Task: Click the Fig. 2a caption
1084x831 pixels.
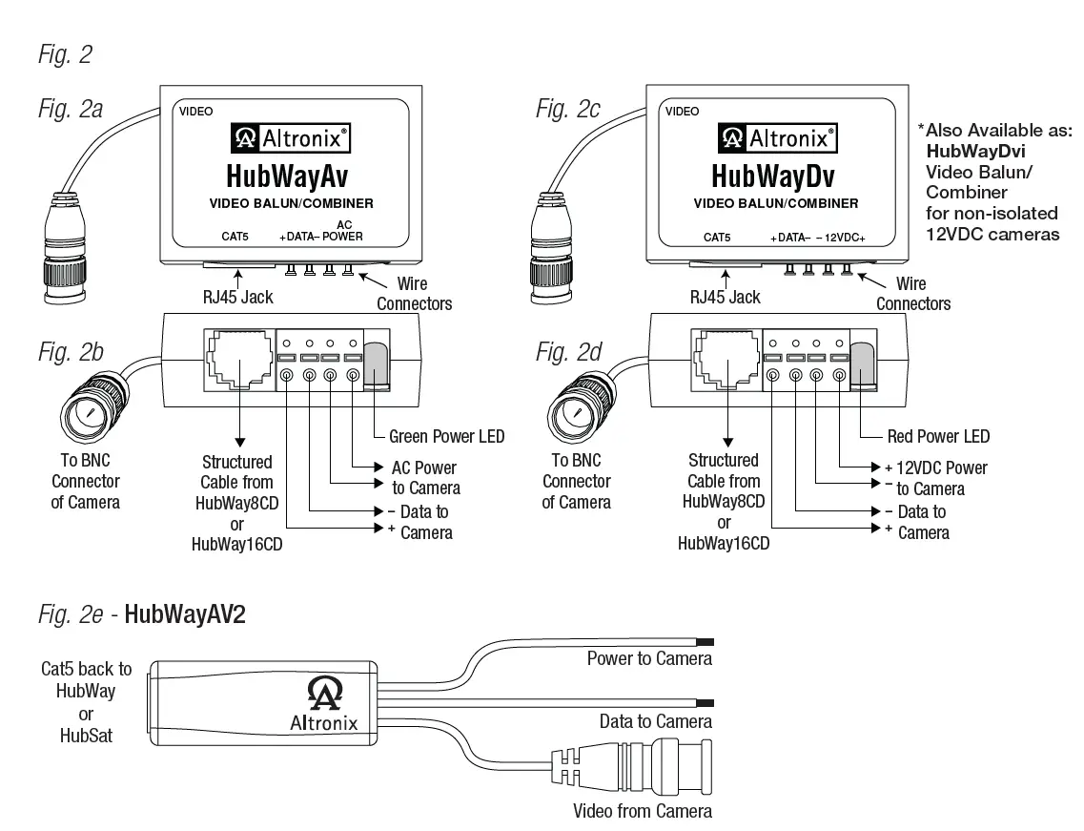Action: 71,110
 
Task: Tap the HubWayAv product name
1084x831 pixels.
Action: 287,176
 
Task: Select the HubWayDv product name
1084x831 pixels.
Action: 773,176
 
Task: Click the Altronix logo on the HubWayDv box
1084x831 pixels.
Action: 777,138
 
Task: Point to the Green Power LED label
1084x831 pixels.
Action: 446,437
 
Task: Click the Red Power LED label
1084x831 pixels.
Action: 938,437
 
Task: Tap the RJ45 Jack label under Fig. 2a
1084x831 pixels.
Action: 237,298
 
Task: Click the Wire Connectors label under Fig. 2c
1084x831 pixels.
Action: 913,293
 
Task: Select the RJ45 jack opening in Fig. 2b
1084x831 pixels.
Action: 240,359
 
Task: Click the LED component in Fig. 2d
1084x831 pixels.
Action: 864,366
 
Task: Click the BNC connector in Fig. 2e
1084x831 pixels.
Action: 632,766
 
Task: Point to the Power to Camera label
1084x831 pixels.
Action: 649,658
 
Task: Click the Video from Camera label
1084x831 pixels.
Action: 643,811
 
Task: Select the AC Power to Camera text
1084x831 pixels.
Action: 425,478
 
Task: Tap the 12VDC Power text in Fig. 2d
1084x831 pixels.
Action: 942,468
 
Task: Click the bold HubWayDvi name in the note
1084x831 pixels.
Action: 975,152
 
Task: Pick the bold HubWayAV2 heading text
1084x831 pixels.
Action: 185,614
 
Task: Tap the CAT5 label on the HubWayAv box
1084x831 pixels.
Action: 235,237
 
